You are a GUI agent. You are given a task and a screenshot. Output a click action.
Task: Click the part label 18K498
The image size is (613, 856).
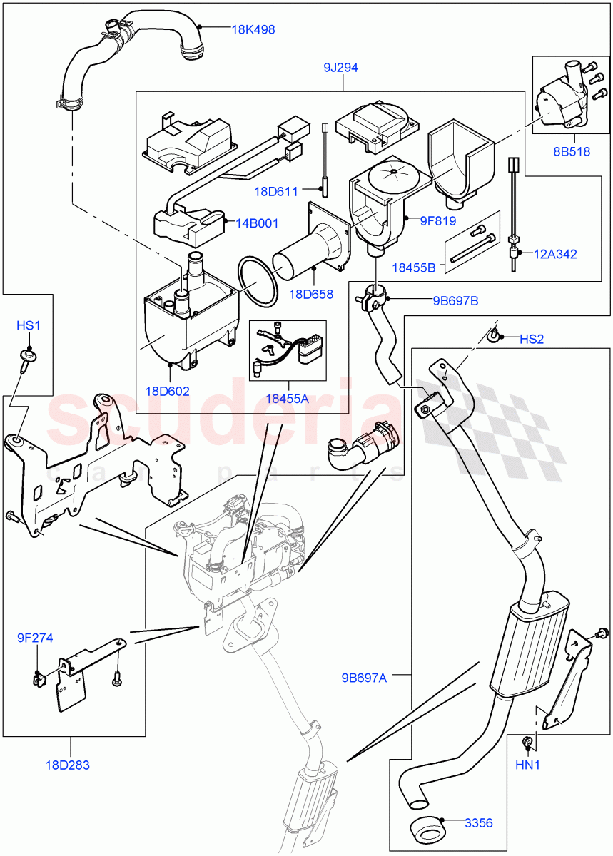point(253,30)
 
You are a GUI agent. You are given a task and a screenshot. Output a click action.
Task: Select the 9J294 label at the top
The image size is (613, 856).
point(340,68)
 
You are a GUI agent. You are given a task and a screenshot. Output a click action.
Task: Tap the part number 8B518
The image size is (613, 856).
point(572,151)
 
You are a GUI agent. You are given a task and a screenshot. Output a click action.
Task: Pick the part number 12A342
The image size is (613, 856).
point(556,253)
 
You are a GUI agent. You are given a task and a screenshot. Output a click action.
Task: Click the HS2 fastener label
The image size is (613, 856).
point(531,340)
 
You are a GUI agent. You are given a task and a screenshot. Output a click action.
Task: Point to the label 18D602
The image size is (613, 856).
point(168,391)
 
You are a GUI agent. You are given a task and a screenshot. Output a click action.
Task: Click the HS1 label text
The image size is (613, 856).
point(29,325)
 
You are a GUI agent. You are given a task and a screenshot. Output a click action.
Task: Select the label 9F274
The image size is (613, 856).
point(36,638)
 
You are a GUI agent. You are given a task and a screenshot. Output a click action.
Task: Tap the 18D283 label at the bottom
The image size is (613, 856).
point(71,765)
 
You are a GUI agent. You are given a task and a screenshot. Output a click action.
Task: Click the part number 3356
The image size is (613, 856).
point(478,823)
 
